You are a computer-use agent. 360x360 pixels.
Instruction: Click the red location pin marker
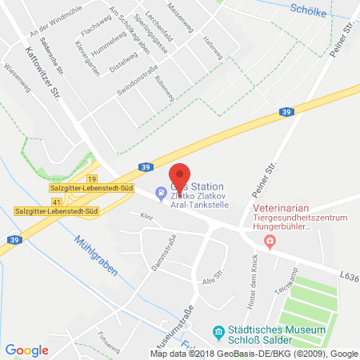(x=181, y=176)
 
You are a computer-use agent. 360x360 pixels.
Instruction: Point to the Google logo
(x=26, y=350)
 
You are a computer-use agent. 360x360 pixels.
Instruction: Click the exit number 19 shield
(x=93, y=179)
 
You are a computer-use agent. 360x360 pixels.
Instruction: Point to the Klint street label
(x=146, y=216)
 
